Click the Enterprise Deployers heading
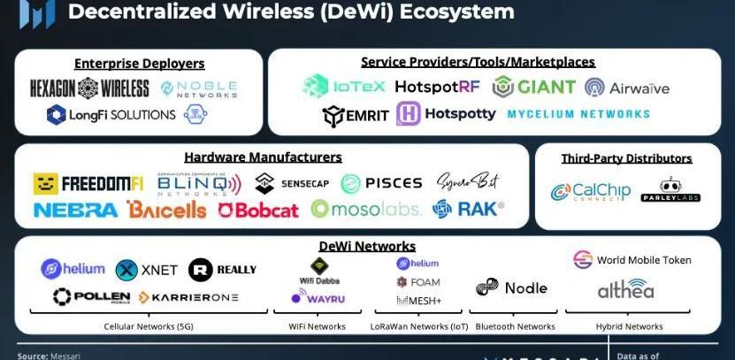click(139, 64)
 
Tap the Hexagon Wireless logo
click(89, 88)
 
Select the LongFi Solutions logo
click(111, 115)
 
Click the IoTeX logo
click(343, 86)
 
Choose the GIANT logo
click(534, 87)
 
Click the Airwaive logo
click(627, 88)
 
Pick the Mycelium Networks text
click(578, 114)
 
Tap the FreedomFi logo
click(88, 184)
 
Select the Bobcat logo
click(258, 210)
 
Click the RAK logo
click(468, 209)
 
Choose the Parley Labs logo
click(670, 191)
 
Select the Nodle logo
click(511, 287)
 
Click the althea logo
click(625, 288)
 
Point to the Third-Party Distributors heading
click(626, 158)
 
